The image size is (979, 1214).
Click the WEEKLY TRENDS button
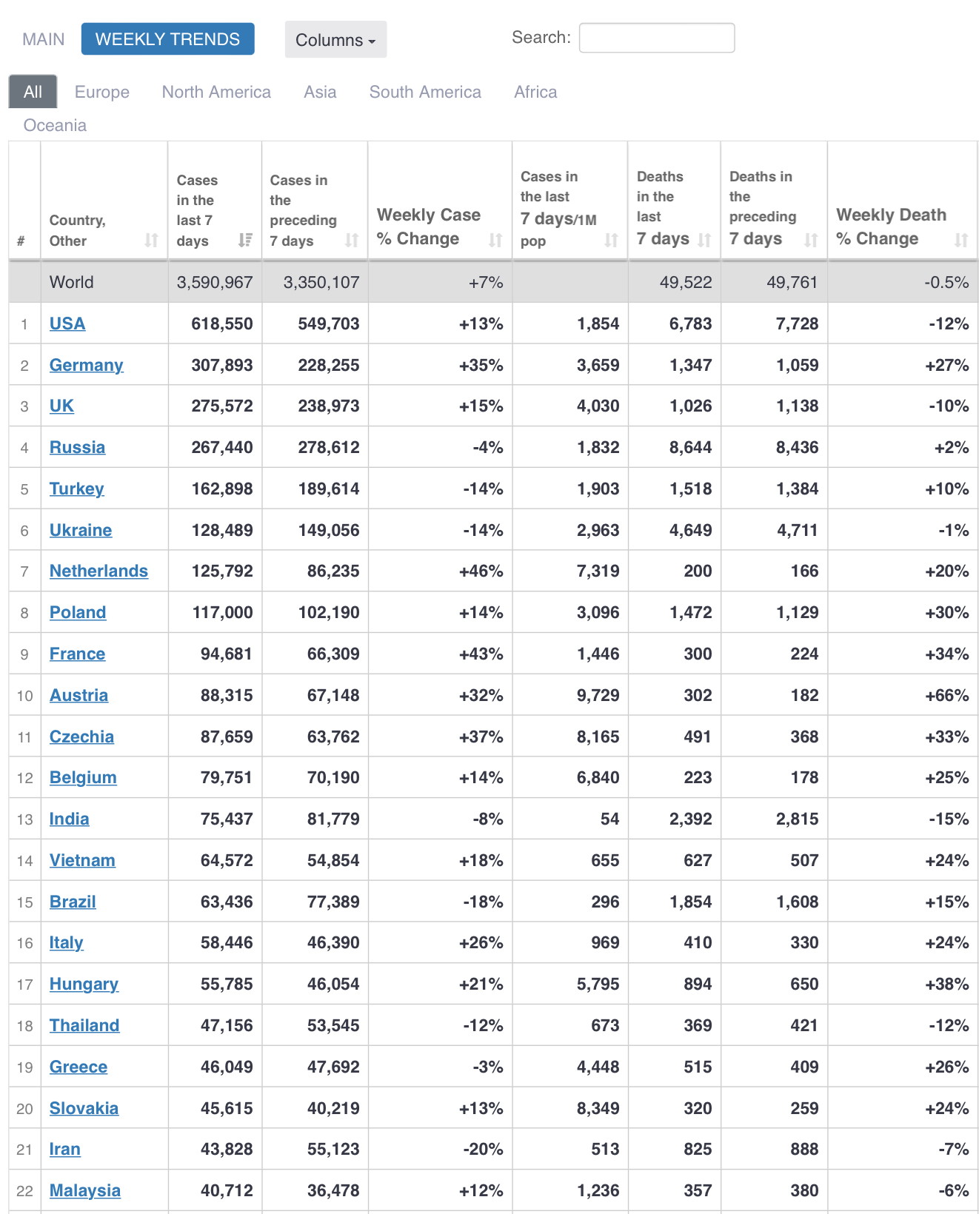[167, 39]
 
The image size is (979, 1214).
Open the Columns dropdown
[335, 40]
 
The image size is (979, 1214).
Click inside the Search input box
[656, 38]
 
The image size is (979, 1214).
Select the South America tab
[425, 92]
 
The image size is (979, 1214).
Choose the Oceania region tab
[55, 125]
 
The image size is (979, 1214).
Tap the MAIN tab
[43, 39]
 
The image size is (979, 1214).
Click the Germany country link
[86, 365]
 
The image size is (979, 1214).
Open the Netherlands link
[98, 571]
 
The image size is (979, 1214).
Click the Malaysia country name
[84, 1190]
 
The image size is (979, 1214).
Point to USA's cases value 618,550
[221, 323]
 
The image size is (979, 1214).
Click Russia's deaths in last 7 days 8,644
[690, 447]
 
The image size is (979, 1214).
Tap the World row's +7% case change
[486, 282]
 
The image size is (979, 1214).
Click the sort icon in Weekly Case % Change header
[495, 240]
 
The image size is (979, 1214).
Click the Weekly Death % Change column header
[891, 226]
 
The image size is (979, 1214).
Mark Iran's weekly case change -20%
[483, 1149]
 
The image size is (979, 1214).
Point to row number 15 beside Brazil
[24, 902]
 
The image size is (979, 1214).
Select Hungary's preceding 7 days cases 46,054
[333, 984]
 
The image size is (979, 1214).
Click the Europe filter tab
[102, 92]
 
